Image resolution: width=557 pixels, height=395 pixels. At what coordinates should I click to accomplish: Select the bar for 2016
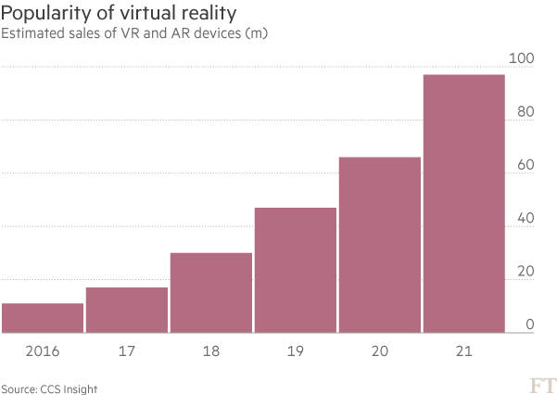tap(43, 317)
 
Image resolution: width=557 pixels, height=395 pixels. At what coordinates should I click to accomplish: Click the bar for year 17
tap(127, 310)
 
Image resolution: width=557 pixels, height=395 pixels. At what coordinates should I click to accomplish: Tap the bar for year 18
tap(211, 292)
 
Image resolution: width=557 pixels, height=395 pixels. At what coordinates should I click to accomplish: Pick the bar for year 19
tap(296, 270)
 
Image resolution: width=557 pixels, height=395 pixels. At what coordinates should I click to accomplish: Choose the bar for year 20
tap(380, 244)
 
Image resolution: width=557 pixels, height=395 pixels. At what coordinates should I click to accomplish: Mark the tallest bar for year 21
tap(464, 203)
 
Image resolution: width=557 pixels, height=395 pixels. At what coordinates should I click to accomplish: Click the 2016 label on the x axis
tap(43, 351)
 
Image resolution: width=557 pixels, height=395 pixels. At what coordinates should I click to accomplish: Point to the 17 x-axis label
tap(127, 351)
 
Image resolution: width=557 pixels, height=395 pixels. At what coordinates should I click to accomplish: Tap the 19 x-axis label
tap(296, 351)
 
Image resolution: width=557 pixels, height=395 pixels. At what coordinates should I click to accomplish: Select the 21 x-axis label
tap(464, 351)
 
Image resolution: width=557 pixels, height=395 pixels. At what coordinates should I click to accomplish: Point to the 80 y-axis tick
tap(525, 112)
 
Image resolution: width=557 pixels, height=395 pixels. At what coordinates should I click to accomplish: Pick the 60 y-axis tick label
tap(525, 165)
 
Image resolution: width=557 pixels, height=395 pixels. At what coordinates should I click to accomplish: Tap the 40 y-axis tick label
tap(525, 219)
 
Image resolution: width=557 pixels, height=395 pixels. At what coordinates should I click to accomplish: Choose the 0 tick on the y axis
tap(529, 325)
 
